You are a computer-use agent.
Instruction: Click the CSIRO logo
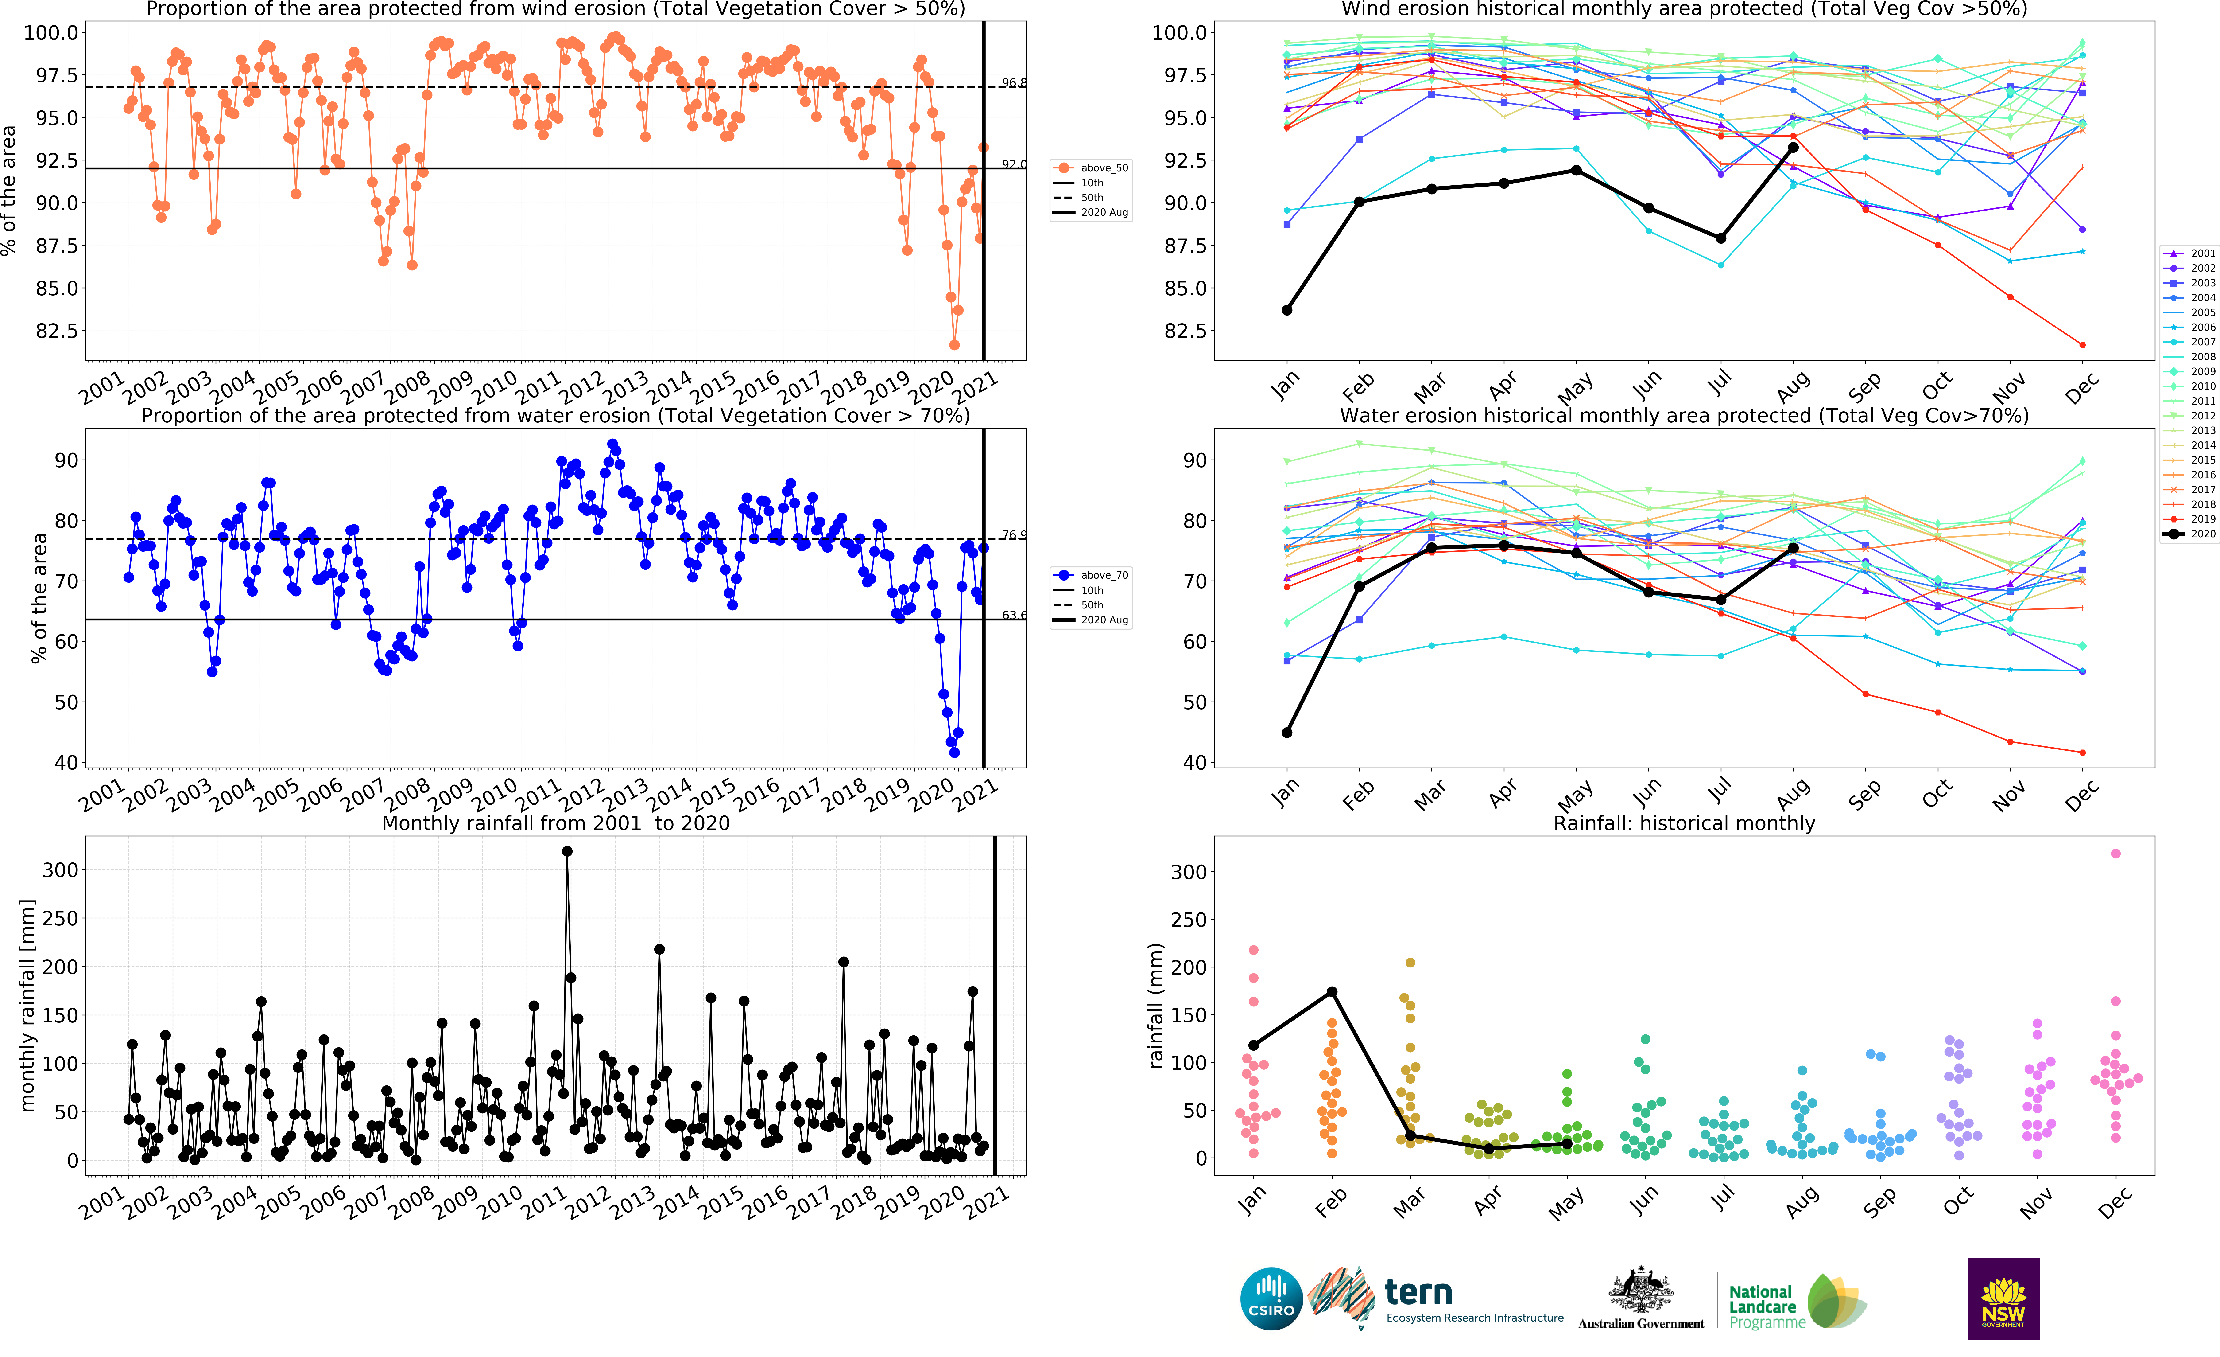point(1271,1299)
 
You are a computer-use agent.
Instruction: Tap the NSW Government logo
point(2003,1299)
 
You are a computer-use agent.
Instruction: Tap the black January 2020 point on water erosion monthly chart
point(1286,733)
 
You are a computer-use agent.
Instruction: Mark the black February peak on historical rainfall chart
point(1332,992)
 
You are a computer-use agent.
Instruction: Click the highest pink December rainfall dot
point(2115,853)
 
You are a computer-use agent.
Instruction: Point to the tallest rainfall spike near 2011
point(567,851)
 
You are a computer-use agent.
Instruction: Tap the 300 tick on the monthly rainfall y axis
point(60,870)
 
